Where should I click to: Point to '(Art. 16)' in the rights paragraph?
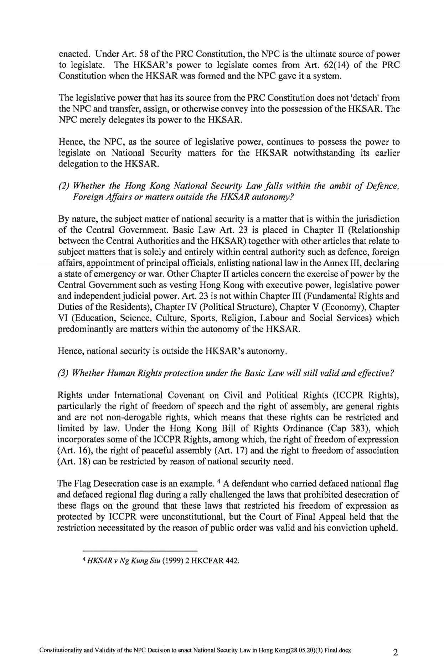click(71, 450)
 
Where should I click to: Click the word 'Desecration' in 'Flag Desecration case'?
click(109, 484)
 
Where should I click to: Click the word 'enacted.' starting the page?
click(71, 54)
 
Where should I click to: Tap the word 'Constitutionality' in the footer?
click(61, 640)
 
